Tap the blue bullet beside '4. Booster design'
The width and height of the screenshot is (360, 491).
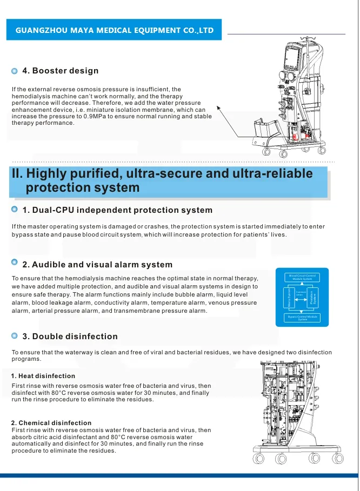coord(15,71)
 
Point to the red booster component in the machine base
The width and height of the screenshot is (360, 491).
coord(295,138)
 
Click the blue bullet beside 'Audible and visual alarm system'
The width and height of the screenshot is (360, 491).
coord(15,263)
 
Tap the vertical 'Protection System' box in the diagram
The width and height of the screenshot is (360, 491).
coord(317,298)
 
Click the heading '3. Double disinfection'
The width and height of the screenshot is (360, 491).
coord(70,337)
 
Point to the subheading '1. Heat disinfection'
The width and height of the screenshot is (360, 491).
coord(43,376)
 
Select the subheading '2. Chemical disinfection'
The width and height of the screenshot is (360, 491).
coord(51,422)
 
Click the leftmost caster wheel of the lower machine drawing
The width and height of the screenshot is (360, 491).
coord(258,459)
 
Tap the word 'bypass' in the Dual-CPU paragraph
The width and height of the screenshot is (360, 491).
coord(24,234)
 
